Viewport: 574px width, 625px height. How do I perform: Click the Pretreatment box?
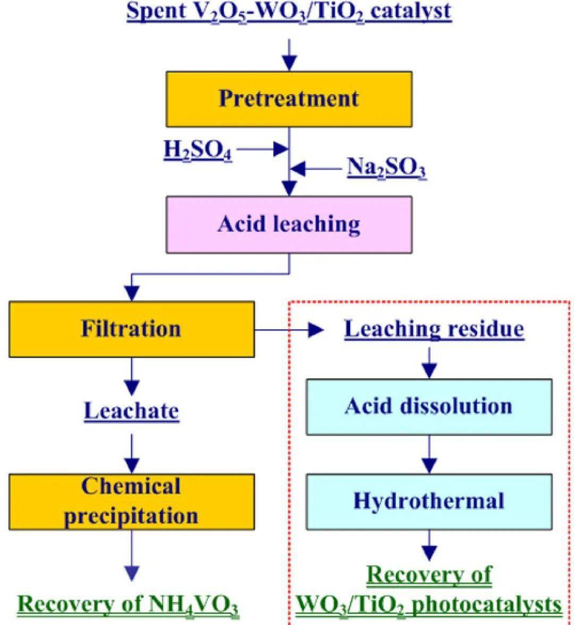coord(289,99)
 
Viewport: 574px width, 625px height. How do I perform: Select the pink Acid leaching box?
coord(289,224)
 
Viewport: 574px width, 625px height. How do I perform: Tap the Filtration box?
coord(131,329)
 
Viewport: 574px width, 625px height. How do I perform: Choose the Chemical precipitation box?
coord(131,502)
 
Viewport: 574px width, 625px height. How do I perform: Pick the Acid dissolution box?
coord(428,407)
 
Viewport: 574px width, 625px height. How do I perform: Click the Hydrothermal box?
coord(428,501)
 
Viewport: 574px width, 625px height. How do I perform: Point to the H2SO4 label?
coord(197,151)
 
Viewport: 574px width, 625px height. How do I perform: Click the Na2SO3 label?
coord(387,169)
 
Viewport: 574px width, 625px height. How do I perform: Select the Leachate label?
coord(131,411)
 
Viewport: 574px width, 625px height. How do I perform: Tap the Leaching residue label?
coord(434,329)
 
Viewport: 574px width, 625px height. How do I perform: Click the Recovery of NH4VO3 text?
coord(128,604)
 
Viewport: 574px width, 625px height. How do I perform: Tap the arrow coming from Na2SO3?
coord(316,169)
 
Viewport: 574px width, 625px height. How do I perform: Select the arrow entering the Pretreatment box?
coord(289,54)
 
